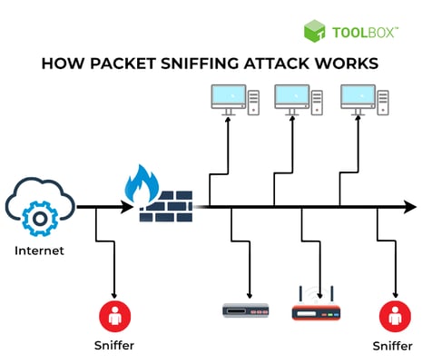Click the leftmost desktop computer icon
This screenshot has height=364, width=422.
[x=229, y=99]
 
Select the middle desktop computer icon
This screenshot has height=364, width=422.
[x=293, y=99]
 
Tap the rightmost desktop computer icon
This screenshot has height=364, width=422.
[x=358, y=99]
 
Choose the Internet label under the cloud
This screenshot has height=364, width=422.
[x=38, y=251]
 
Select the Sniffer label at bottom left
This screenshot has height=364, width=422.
[x=114, y=347]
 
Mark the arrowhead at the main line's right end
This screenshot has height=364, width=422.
[x=410, y=208]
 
